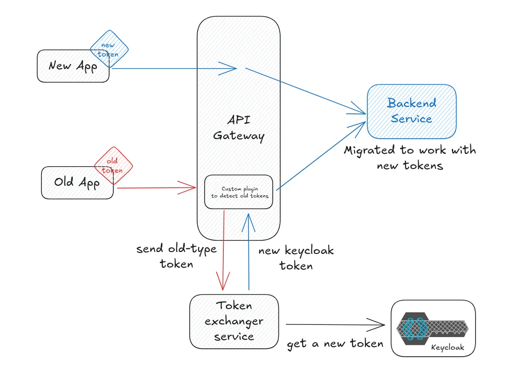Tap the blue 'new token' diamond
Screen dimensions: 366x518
coord(109,49)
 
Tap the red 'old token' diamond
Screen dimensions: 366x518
coord(113,165)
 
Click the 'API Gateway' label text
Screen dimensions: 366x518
coord(239,127)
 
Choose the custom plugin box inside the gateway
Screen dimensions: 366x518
coord(239,192)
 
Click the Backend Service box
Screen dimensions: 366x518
coord(411,111)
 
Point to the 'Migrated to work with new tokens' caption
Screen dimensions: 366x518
coord(410,158)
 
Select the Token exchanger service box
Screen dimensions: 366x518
coord(234,321)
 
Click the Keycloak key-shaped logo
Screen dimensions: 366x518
coord(431,329)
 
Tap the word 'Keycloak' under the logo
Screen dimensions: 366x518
coord(447,348)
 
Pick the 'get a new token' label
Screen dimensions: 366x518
coord(335,344)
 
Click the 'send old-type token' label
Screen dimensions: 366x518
coord(176,256)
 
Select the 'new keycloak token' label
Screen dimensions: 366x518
coord(296,258)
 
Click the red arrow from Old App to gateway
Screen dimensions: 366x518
coord(156,188)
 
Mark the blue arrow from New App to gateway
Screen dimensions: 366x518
coord(173,69)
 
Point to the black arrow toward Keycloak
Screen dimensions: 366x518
coord(336,324)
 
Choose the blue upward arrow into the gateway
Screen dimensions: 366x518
coord(249,252)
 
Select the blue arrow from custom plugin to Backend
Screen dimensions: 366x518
coord(322,155)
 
